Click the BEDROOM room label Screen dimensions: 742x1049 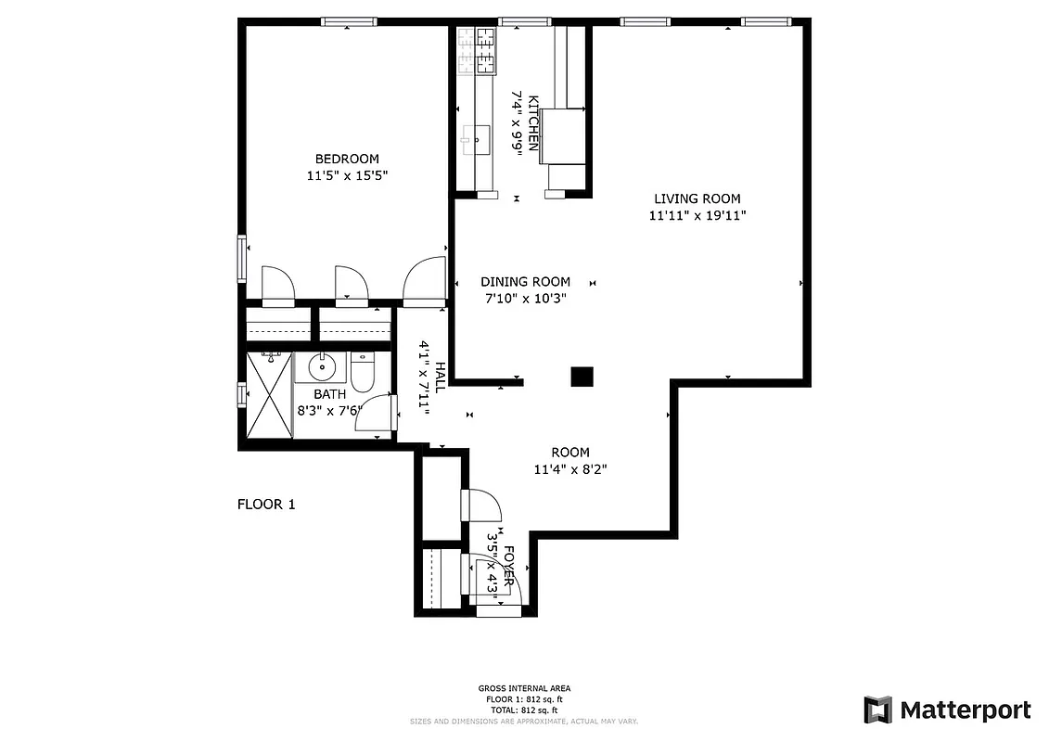click(x=346, y=159)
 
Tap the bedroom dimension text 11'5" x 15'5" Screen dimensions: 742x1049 click(x=346, y=175)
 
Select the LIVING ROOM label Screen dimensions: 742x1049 click(x=697, y=198)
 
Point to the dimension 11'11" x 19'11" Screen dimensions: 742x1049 click(x=697, y=215)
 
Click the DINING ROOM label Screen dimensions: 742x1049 click(x=525, y=282)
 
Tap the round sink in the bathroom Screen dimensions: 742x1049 click(x=322, y=367)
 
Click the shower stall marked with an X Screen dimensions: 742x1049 click(x=269, y=396)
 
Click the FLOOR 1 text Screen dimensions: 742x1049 click(x=266, y=505)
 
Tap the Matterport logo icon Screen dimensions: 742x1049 click(x=877, y=710)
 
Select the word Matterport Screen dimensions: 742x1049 click(x=965, y=710)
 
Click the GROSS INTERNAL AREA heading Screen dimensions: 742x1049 click(x=524, y=688)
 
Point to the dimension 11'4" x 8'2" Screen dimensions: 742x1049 click(x=570, y=469)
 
